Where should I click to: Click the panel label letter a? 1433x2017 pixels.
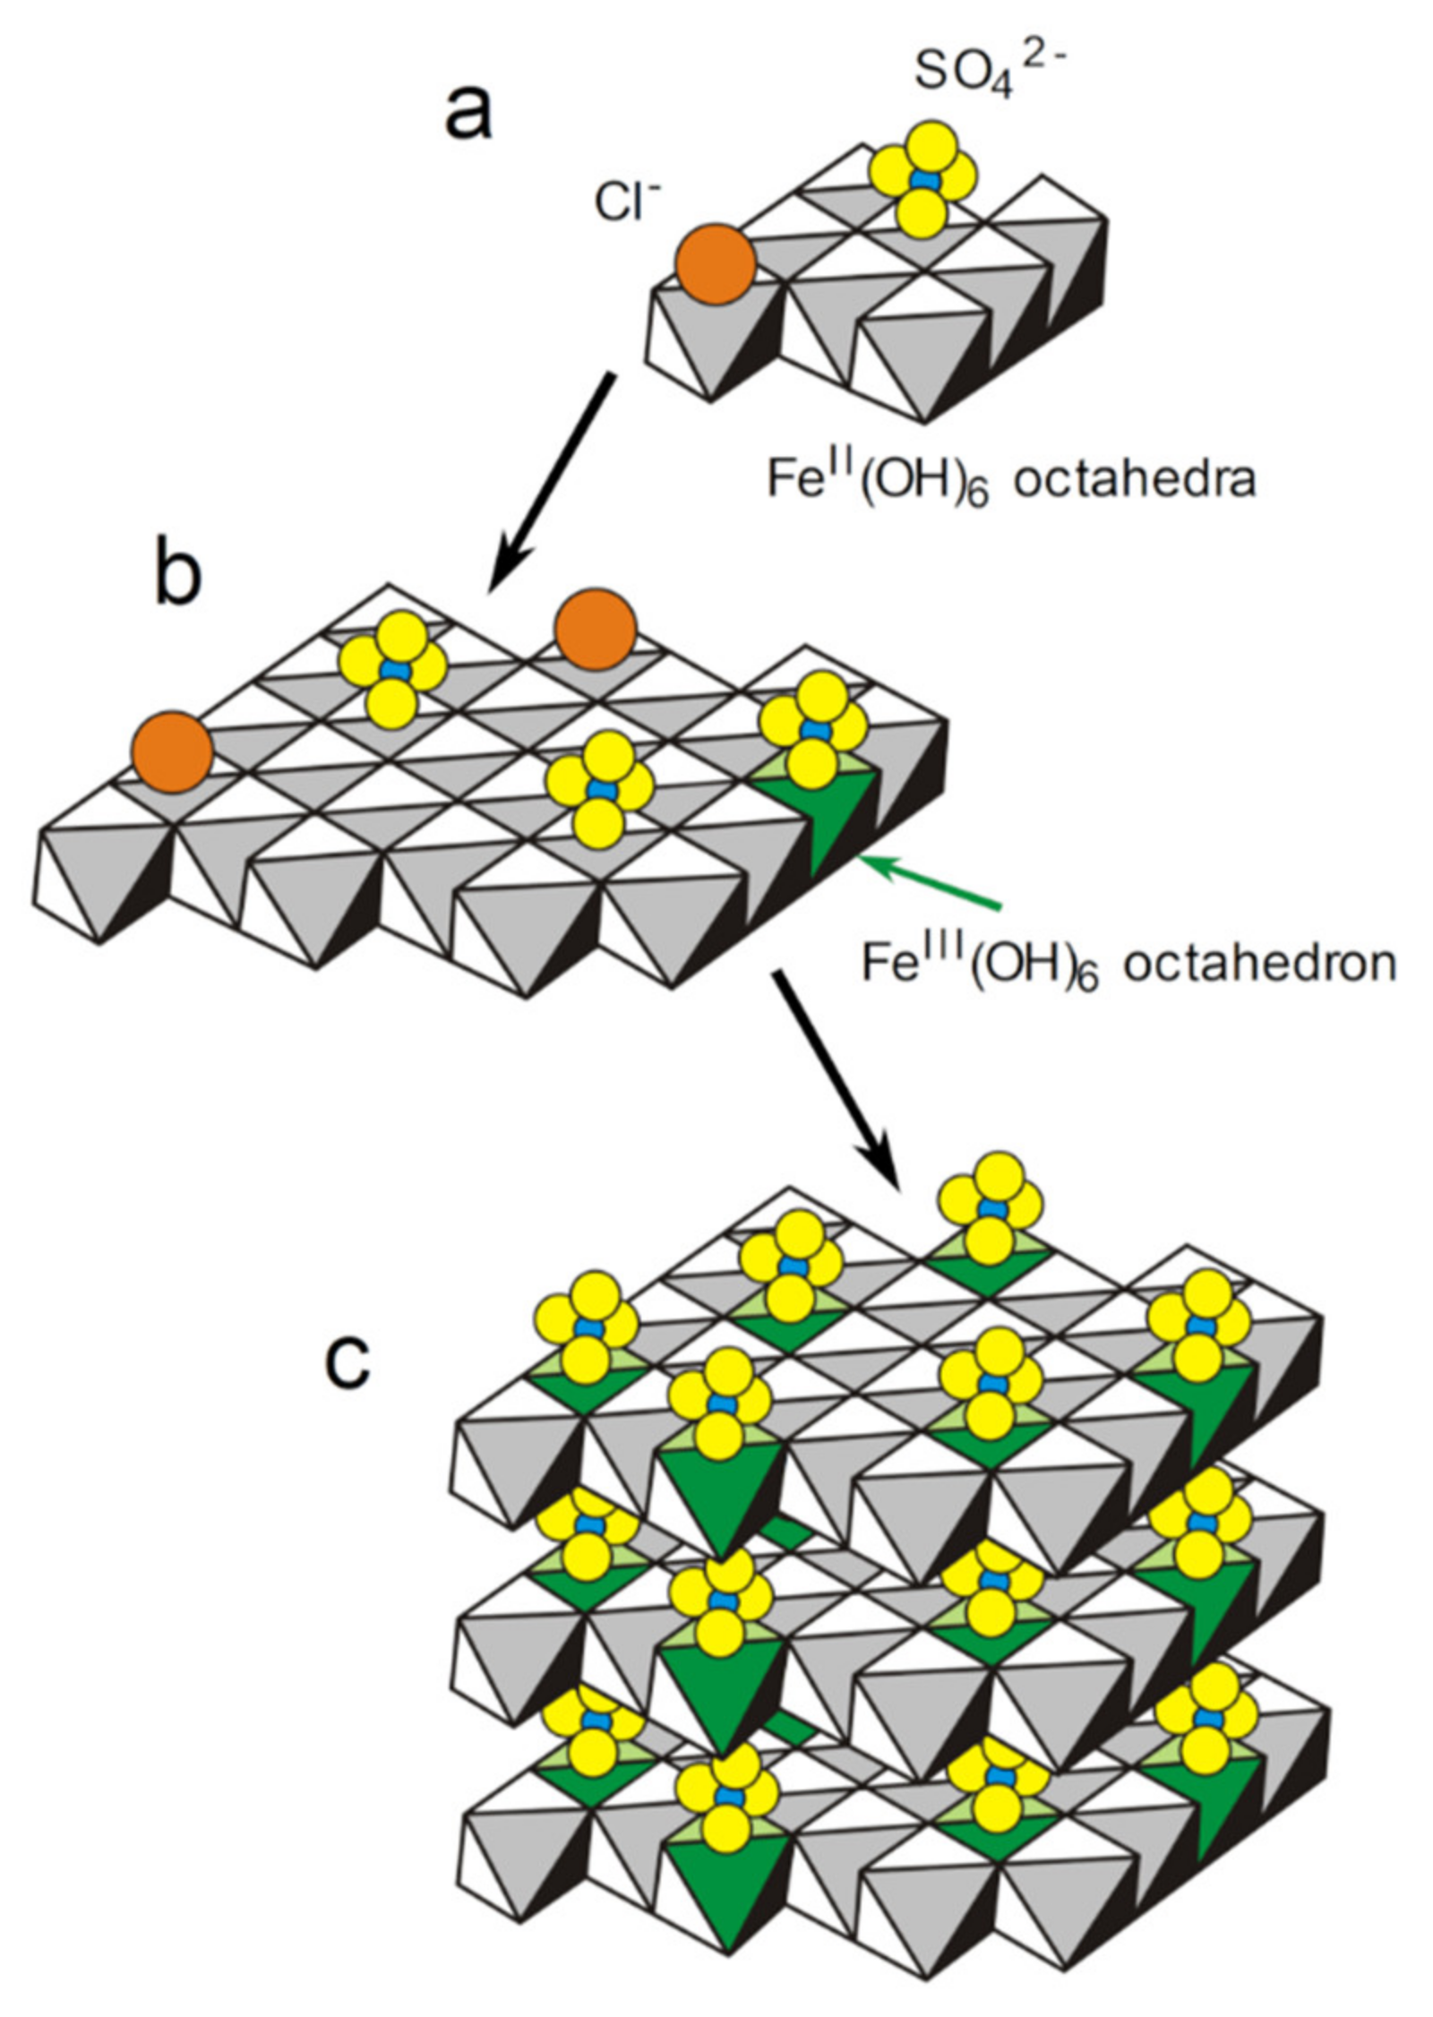468,115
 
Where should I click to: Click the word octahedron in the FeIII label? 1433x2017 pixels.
1259,964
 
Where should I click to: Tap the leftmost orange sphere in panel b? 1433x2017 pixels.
171,751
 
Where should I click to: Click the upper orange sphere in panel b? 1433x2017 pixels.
595,631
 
